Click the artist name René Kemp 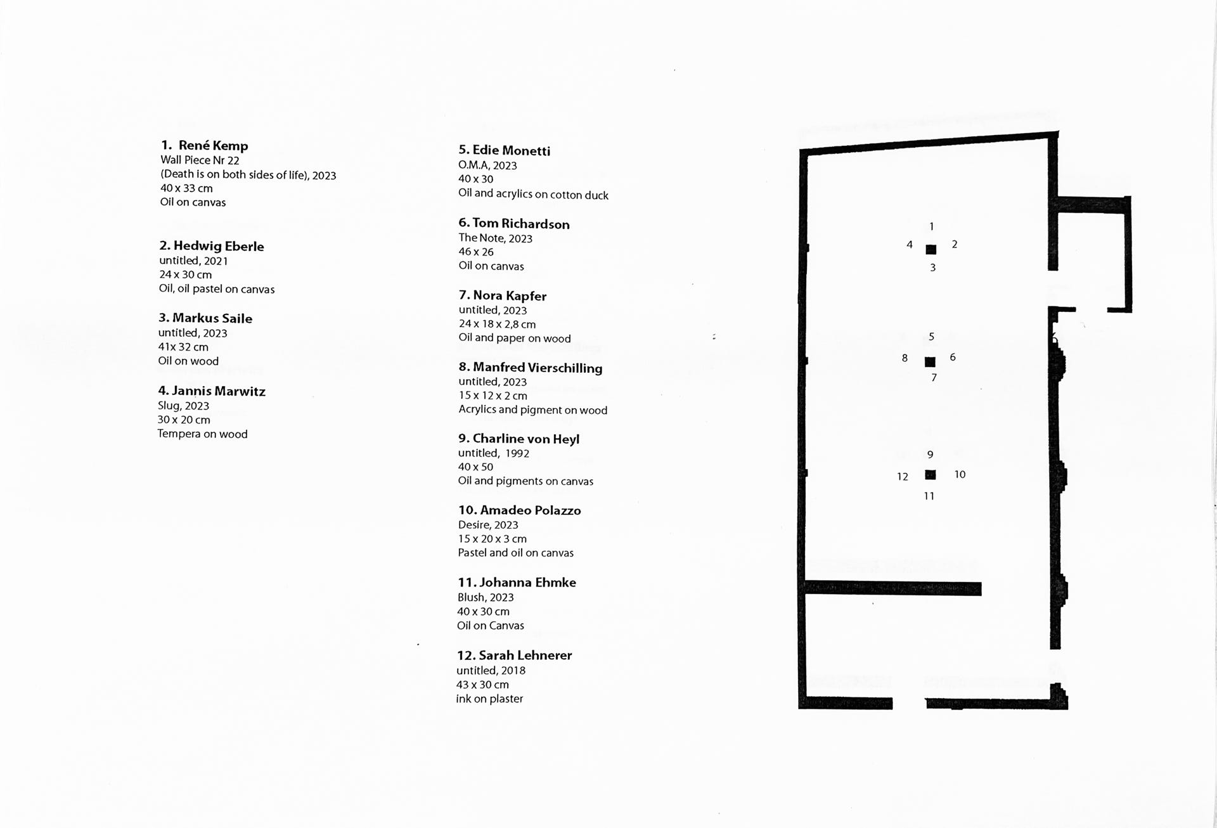[213, 146]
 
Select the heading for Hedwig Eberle [211, 246]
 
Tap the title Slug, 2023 [183, 406]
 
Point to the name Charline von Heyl [518, 439]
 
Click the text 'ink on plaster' [489, 699]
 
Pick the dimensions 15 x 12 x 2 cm [493, 396]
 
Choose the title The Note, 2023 [495, 238]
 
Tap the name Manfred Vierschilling [531, 368]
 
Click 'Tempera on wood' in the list [202, 434]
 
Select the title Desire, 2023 [488, 525]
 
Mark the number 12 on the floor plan [903, 477]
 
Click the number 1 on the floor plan [931, 226]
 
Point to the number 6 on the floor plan [953, 357]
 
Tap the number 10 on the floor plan [960, 474]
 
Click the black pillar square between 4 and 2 [930, 250]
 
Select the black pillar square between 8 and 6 [930, 362]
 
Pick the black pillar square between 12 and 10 [930, 475]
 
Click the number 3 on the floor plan [932, 268]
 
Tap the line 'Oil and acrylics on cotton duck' [533, 194]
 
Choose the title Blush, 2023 [486, 597]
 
